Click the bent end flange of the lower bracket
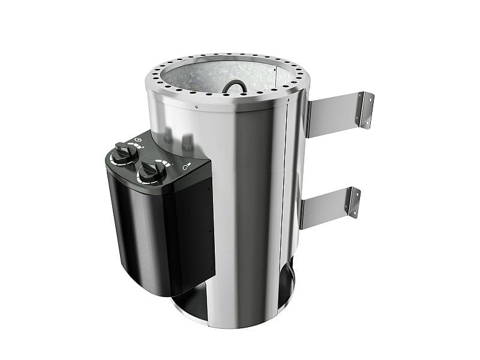pos(353,202)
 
